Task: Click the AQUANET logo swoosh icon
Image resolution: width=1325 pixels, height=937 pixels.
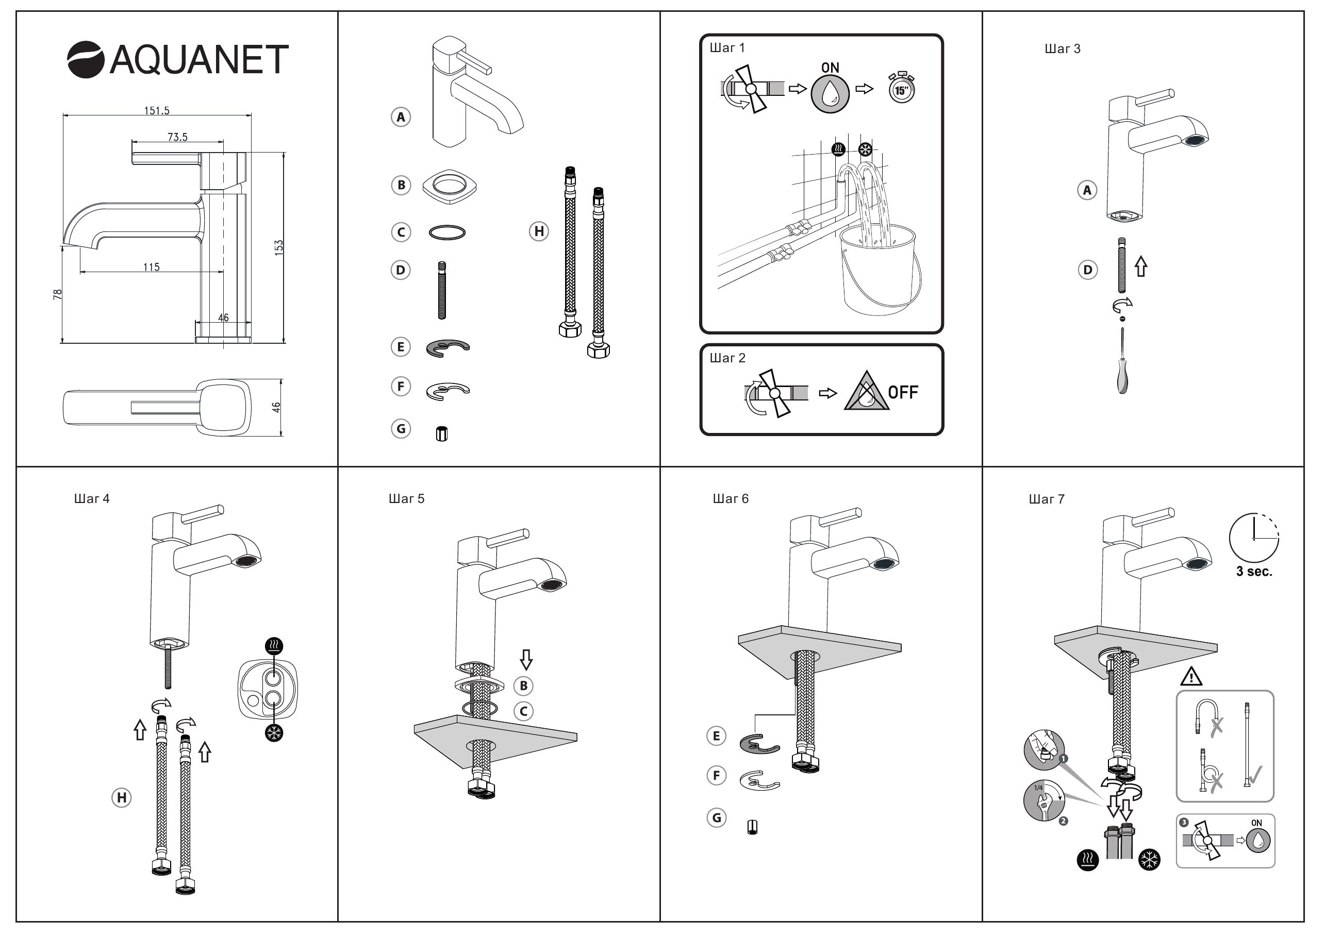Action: point(86,59)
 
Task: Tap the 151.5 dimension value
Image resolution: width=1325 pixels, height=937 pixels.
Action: point(156,110)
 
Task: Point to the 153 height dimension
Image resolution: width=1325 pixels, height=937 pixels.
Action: point(279,247)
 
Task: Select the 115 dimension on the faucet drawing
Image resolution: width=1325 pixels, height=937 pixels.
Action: point(151,267)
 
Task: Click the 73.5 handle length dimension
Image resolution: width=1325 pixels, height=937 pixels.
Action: point(177,137)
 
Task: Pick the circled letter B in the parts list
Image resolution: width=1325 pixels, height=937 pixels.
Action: point(401,185)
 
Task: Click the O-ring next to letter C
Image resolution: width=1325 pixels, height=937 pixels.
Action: point(447,232)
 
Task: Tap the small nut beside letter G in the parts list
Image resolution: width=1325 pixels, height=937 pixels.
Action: point(441,434)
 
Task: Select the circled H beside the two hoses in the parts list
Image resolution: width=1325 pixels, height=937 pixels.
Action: point(539,231)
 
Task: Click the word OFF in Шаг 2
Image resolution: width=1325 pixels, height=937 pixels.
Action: point(903,393)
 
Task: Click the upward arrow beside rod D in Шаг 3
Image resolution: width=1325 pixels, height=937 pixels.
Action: point(1141,266)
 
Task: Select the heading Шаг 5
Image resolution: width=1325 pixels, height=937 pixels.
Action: point(406,499)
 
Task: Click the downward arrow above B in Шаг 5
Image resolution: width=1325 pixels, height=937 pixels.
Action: point(526,659)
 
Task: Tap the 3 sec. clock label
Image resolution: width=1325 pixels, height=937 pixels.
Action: point(1254,572)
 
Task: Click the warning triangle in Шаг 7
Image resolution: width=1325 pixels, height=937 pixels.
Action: point(1191,677)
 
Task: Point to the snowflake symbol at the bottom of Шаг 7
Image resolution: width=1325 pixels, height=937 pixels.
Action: point(1150,860)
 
